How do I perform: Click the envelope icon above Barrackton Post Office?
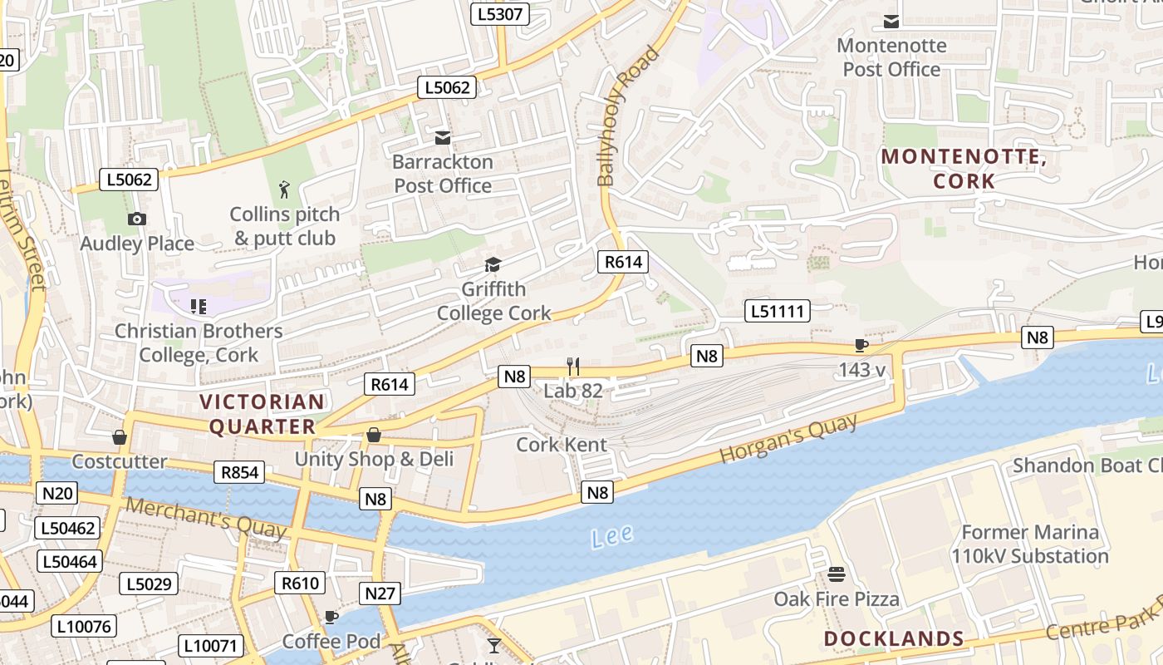coord(443,137)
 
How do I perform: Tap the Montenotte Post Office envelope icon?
coord(891,21)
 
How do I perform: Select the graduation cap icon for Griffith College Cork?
coord(493,265)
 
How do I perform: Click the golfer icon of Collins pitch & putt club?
coord(285,190)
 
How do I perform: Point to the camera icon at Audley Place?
coord(137,219)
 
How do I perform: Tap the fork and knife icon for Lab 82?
coord(572,366)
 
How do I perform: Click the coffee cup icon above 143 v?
coord(861,345)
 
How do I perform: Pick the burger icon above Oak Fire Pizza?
coord(836,574)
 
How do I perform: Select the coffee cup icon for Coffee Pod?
coord(331,617)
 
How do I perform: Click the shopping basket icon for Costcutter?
coord(120,437)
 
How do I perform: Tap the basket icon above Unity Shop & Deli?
coord(374,435)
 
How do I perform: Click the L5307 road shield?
coord(500,14)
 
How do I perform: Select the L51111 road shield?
coord(777,311)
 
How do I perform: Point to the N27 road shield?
coord(380,594)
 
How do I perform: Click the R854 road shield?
coord(239,473)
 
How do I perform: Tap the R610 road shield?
coord(300,584)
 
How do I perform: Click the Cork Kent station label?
coord(562,444)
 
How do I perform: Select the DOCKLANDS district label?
coord(894,638)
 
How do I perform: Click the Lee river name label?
coord(612,537)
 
